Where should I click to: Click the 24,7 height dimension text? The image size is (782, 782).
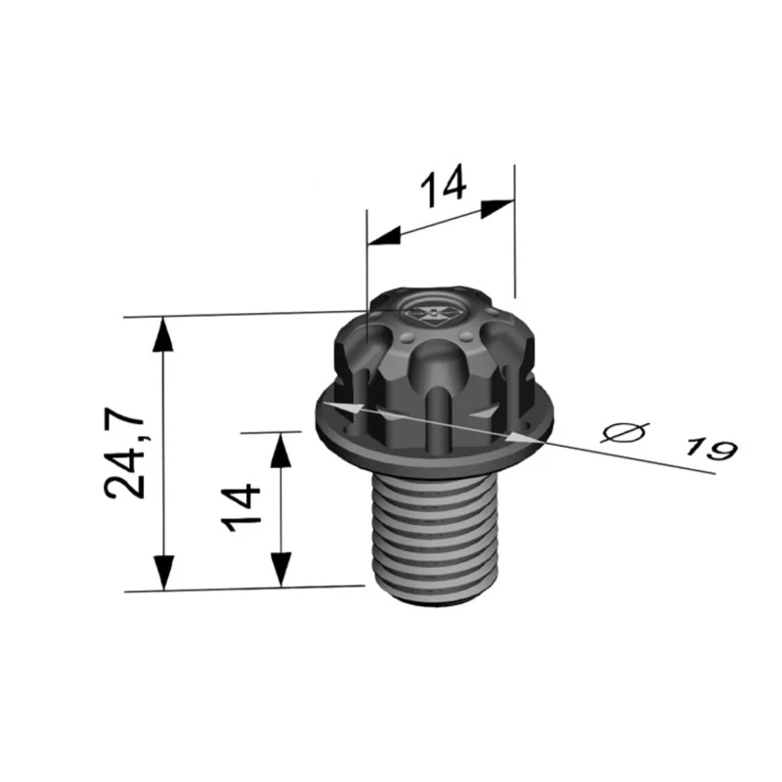tap(127, 455)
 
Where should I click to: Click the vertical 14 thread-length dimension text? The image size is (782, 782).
tap(242, 506)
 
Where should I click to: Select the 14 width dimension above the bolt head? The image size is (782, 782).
tap(444, 185)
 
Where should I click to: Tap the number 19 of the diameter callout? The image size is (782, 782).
tap(710, 448)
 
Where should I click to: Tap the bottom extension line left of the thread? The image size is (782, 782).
tap(244, 588)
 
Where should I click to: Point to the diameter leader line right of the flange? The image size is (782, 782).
tap(635, 456)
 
